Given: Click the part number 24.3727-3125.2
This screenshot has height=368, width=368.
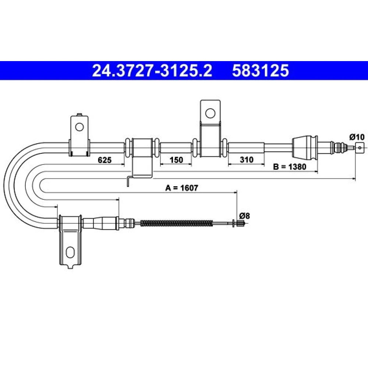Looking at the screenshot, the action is coord(152,71).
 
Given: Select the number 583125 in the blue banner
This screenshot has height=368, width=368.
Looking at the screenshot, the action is coord(261,71).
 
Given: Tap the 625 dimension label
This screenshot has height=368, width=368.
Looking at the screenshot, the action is coord(105,160).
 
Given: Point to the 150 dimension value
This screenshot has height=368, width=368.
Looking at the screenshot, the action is coord(176,160).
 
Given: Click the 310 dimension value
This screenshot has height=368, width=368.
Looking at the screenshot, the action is coord(247,160).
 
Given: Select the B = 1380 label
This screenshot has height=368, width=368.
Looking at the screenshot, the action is coord(290,167).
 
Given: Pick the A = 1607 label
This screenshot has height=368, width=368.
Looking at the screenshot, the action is coord(182,188).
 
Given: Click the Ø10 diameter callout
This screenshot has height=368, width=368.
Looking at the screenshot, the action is coord(357,137).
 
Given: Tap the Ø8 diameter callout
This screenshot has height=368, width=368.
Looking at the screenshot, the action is coord(245,215).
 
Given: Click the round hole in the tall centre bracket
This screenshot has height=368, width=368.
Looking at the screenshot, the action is coord(210,113).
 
